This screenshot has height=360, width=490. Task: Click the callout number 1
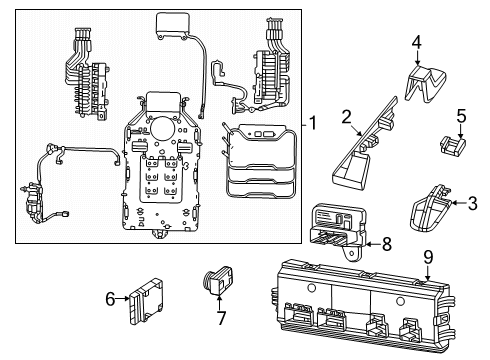(x=313, y=124)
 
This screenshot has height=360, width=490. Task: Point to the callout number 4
(x=417, y=41)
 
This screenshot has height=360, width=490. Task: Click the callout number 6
(x=109, y=297)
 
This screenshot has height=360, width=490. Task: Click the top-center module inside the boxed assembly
(x=173, y=27)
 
